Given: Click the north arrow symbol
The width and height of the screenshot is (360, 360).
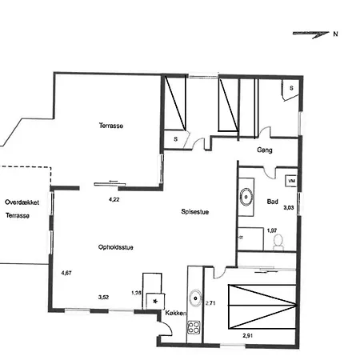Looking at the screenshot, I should pyautogui.click(x=312, y=34).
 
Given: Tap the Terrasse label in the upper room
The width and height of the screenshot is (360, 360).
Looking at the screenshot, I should pyautogui.click(x=110, y=126).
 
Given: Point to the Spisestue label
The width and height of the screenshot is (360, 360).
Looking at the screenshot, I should pyautogui.click(x=195, y=212).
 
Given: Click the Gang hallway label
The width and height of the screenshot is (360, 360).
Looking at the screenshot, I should pyautogui.click(x=266, y=150).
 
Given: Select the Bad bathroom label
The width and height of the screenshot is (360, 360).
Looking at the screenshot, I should pyautogui.click(x=272, y=202).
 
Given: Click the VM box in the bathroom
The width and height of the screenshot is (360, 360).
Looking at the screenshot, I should pyautogui.click(x=290, y=182).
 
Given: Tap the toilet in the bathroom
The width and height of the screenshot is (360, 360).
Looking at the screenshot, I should pyautogui.click(x=278, y=242).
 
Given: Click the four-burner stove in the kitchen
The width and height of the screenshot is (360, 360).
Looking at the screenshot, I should pyautogui.click(x=193, y=327).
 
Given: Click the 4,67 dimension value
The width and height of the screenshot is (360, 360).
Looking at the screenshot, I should pyautogui.click(x=66, y=274).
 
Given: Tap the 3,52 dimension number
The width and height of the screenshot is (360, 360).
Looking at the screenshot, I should pyautogui.click(x=104, y=297).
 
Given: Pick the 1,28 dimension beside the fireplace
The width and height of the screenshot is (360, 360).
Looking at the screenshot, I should pyautogui.click(x=136, y=293).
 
